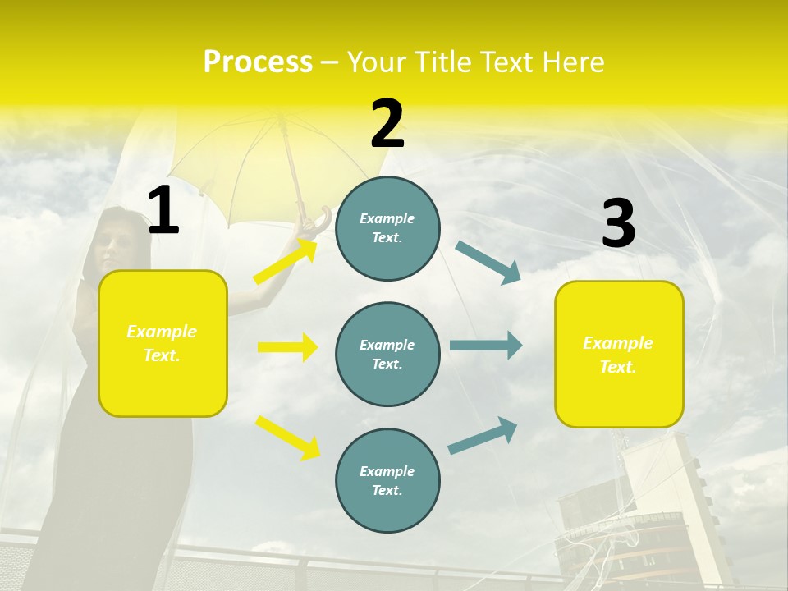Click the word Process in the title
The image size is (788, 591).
258,62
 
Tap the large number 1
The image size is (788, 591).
163,211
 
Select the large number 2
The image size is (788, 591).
387,124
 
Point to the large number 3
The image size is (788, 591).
618,224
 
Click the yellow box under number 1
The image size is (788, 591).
163,343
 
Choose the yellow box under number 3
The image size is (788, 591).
619,354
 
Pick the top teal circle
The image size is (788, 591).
387,228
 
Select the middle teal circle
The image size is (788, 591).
387,354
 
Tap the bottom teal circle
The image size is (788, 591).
387,480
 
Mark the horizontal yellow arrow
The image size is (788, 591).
287,347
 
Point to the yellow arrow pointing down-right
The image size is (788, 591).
287,437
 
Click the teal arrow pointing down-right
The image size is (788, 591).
488,262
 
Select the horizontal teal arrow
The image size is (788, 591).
486,345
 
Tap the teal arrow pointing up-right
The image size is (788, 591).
483,435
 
